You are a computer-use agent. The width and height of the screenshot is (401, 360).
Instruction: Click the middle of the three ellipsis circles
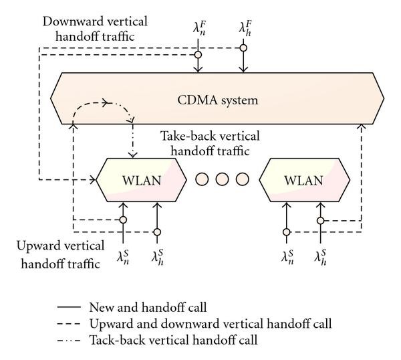point(223,179)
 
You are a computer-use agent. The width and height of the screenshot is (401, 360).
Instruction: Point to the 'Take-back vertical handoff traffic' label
point(209,143)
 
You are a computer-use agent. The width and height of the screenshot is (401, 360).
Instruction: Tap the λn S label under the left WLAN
point(124,256)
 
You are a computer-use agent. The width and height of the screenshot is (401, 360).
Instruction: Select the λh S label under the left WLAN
point(158,256)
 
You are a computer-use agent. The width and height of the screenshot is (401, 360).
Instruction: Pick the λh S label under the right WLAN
point(321,256)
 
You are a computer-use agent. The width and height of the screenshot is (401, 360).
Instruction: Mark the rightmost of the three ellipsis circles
point(243,179)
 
